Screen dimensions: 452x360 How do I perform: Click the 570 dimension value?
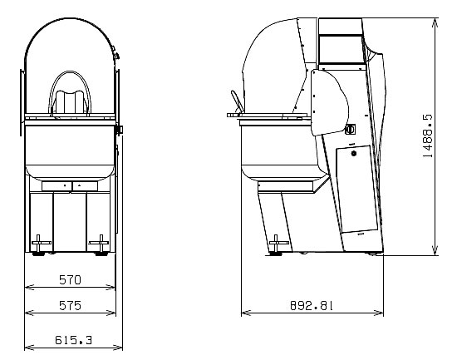(70, 280)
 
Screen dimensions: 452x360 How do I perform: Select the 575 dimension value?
(70, 305)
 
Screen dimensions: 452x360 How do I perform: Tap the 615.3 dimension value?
(73, 340)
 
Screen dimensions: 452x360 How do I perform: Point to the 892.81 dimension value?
(312, 305)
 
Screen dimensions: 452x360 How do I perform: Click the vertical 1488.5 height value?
(428, 136)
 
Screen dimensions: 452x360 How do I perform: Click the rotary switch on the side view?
(351, 130)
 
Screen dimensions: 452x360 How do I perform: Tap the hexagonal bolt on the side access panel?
(354, 153)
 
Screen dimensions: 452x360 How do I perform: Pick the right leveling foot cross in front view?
(100, 243)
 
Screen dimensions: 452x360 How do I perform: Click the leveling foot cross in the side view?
(276, 243)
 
